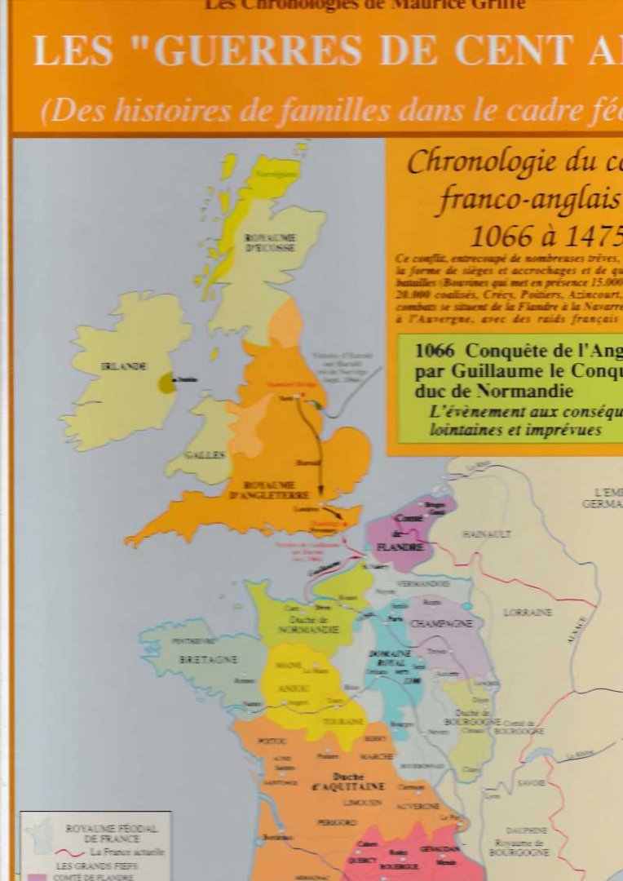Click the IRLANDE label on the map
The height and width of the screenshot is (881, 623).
pos(124,366)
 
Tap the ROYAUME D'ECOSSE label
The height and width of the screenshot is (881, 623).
pos(270,241)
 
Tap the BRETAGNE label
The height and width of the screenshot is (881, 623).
pos(208,658)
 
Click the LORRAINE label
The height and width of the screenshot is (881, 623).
pos(527,612)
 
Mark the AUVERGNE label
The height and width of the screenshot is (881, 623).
pos(418,806)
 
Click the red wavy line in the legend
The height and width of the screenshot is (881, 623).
pos(74,852)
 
